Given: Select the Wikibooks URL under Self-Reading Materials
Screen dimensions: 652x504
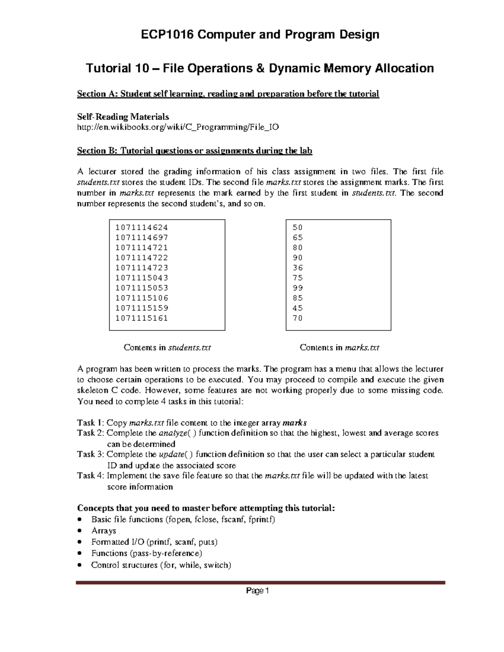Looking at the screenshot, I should click(178, 127).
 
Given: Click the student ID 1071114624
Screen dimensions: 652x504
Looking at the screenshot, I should click(142, 228).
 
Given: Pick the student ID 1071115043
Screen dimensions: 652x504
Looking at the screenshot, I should click(142, 278).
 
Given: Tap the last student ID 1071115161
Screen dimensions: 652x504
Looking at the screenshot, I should click(142, 318).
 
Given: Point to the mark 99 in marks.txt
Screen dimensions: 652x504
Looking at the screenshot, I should click(298, 288).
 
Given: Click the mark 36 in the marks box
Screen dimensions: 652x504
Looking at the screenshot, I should click(298, 268).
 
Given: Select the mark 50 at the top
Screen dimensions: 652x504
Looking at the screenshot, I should click(298, 228).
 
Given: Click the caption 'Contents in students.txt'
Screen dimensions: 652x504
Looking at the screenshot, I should click(167, 348).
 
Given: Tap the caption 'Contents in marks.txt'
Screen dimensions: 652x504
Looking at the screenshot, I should click(339, 348).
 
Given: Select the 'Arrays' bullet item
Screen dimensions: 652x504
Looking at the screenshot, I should click(104, 531).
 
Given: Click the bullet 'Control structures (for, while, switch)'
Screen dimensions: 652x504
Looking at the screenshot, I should click(161, 565).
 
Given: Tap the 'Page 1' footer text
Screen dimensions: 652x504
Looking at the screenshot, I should click(257, 591).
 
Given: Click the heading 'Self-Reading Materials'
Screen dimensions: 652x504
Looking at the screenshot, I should click(123, 117).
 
